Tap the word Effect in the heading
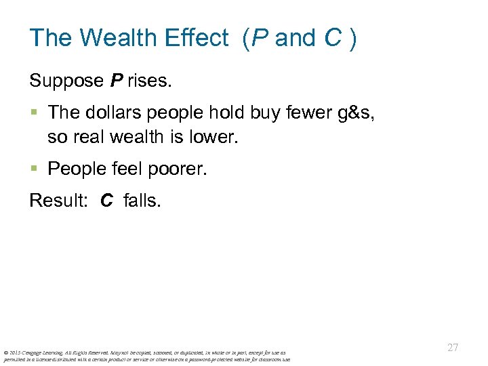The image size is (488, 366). [197, 38]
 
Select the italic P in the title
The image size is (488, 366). [259, 38]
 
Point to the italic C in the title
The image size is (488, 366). [332, 38]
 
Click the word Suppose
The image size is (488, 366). [66, 82]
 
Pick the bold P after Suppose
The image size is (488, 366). [117, 81]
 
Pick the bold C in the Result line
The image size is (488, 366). [106, 201]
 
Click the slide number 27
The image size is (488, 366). [453, 348]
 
